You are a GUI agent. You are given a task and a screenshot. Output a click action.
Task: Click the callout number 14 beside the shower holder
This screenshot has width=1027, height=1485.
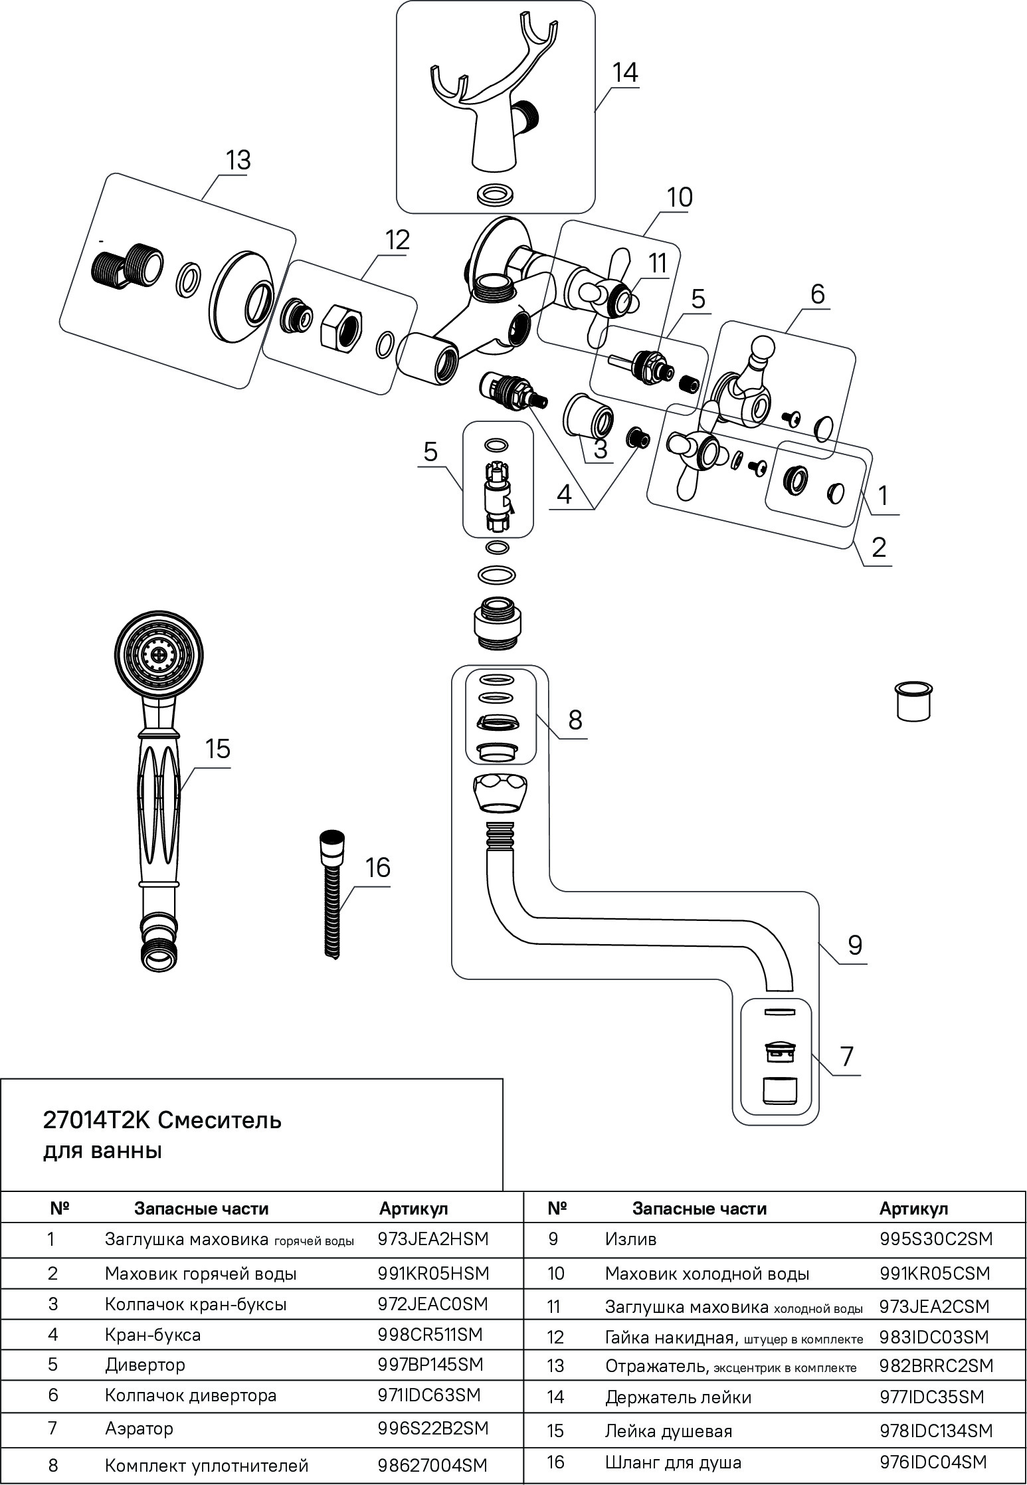624,72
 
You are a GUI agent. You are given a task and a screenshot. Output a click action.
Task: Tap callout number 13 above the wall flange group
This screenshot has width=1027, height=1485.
237,161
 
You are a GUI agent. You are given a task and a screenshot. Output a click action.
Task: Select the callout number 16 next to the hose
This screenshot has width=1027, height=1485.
378,867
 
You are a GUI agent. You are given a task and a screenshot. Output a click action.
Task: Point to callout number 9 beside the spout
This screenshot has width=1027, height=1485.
854,945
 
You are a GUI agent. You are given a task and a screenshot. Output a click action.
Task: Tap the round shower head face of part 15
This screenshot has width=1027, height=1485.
157,654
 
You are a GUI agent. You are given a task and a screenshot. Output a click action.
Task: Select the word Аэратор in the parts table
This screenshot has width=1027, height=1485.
139,1428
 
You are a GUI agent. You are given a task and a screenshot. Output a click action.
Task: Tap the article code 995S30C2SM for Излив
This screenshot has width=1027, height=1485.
935,1239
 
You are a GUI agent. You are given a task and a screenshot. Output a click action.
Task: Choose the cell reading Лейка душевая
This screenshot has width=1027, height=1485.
668,1430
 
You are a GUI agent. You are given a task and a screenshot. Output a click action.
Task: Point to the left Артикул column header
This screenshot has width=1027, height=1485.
413,1208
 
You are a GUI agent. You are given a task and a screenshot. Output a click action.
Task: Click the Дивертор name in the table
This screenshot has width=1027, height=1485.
145,1365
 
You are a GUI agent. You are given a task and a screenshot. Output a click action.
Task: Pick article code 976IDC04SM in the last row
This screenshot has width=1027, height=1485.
933,1462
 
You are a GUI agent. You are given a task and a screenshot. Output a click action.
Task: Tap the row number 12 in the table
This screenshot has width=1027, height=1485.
555,1337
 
